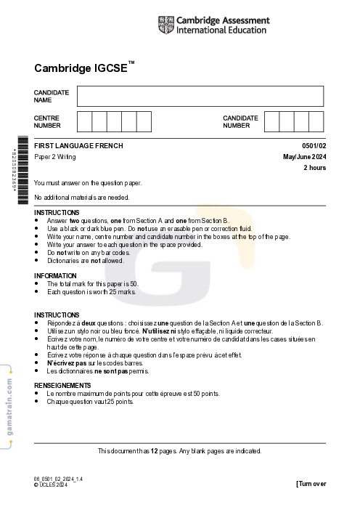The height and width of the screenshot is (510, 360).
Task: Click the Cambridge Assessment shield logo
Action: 165,26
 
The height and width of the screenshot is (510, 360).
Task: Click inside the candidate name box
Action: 200,96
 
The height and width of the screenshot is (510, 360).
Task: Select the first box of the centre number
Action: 84,121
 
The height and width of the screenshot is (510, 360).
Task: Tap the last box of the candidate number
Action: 316,121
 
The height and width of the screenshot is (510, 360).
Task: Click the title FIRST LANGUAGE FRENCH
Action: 78,146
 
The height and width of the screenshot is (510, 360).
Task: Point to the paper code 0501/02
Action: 314,146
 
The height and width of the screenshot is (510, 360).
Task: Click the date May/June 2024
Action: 305,157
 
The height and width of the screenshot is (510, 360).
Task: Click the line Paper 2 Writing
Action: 55,157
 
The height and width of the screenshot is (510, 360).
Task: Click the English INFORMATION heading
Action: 55,275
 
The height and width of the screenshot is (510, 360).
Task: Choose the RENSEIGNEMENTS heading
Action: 62,385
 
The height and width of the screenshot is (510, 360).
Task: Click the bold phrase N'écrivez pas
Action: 67,363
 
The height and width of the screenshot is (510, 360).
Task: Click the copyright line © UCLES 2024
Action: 51,485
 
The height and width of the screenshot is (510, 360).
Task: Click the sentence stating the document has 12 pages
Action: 179,450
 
